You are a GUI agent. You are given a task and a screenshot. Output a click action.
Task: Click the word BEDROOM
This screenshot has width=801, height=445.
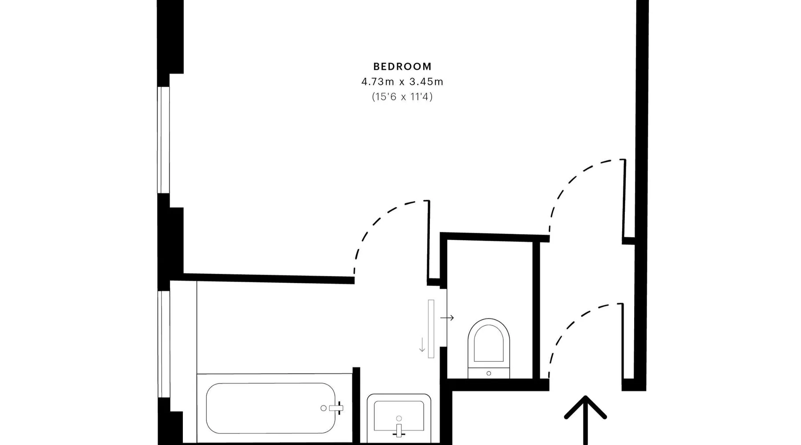pyautogui.click(x=402, y=67)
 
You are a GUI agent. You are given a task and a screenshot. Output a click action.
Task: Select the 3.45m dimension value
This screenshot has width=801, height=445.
pyautogui.click(x=426, y=82)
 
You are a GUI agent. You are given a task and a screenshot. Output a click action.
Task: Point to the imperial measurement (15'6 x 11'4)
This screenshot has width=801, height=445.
pyautogui.click(x=402, y=97)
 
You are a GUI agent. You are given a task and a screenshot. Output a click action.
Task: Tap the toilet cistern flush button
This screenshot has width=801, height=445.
pyautogui.click(x=489, y=373)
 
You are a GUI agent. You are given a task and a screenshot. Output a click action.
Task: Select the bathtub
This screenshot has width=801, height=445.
pyautogui.click(x=271, y=408)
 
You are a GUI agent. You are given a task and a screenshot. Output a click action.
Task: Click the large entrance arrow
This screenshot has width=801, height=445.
pyautogui.click(x=585, y=420)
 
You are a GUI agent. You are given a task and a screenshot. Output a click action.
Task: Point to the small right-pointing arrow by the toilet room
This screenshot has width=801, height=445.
pyautogui.click(x=447, y=318)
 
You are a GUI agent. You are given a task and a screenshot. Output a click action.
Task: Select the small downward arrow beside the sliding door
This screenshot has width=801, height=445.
pyautogui.click(x=422, y=345)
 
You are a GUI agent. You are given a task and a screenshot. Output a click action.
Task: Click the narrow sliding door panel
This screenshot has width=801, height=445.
pyautogui.click(x=431, y=329)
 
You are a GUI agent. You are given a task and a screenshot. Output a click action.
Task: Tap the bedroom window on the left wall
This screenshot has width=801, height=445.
pyautogui.click(x=164, y=140)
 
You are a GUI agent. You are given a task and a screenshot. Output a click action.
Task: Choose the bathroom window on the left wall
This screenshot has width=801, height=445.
pyautogui.click(x=164, y=344)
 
